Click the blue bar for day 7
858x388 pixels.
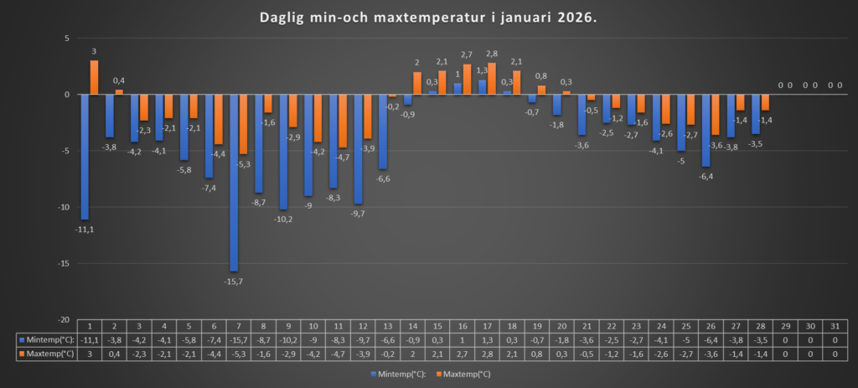click(234, 183)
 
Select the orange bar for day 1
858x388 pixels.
click(95, 77)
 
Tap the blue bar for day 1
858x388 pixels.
click(85, 156)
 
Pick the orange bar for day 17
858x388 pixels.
click(492, 79)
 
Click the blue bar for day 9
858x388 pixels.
click(283, 152)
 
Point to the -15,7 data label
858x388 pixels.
click(234, 281)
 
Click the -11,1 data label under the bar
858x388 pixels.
click(85, 229)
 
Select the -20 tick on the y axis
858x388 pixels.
click(62, 320)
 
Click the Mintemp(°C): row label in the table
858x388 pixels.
click(46, 339)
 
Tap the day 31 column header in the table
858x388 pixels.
click(835, 326)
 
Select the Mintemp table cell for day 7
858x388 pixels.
click(238, 339)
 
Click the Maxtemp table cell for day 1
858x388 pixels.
click(89, 353)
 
